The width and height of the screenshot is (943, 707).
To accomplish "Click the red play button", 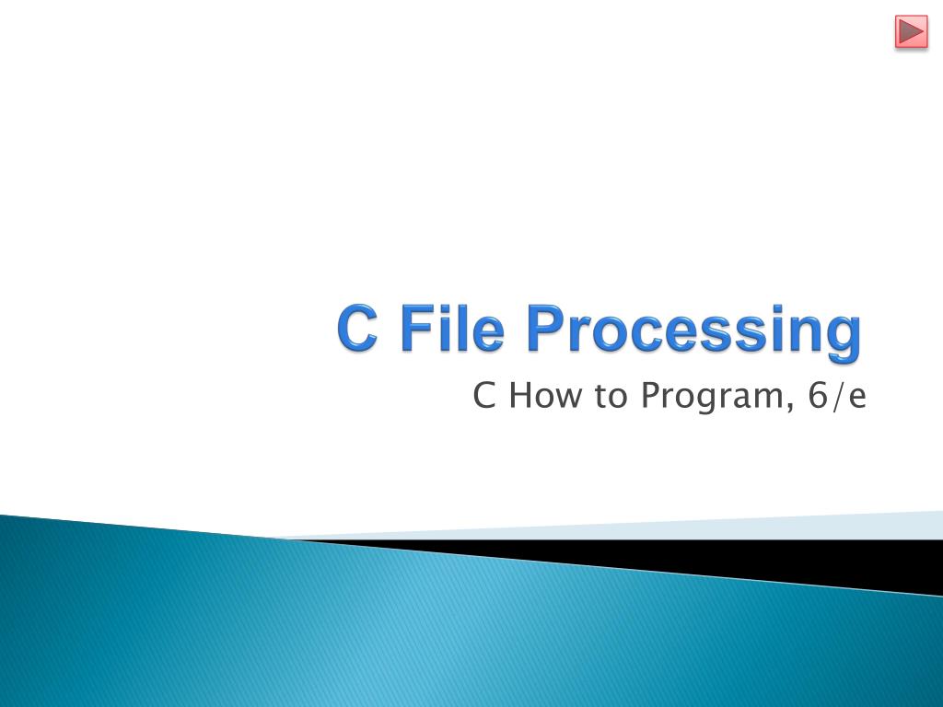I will tap(911, 32).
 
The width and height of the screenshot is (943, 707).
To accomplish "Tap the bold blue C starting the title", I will tap(358, 330).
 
